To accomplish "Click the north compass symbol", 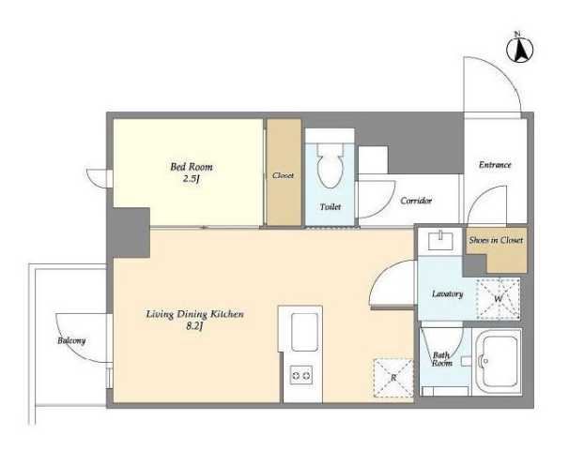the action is point(519,49).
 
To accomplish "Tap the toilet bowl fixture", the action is point(330,165).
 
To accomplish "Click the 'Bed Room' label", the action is point(192,167).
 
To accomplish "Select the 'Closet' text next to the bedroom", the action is point(283,175).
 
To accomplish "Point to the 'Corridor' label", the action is point(416,201).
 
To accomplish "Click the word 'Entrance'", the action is point(495,165).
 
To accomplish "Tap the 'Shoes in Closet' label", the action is point(496,240).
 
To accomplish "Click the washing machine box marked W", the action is point(499,299).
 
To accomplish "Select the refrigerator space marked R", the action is point(393,378).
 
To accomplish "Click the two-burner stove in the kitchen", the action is point(301,375).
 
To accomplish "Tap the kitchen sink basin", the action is point(304,332).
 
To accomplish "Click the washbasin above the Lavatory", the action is point(440,241).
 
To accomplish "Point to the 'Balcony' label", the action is point(71,340).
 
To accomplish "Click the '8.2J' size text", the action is point(193,326).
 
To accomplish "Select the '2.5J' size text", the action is point(192,179).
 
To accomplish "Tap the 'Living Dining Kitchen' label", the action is point(195,314).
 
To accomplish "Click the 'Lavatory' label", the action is point(448,293).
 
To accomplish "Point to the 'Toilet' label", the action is point(331,207).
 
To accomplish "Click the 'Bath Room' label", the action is point(442,359).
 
